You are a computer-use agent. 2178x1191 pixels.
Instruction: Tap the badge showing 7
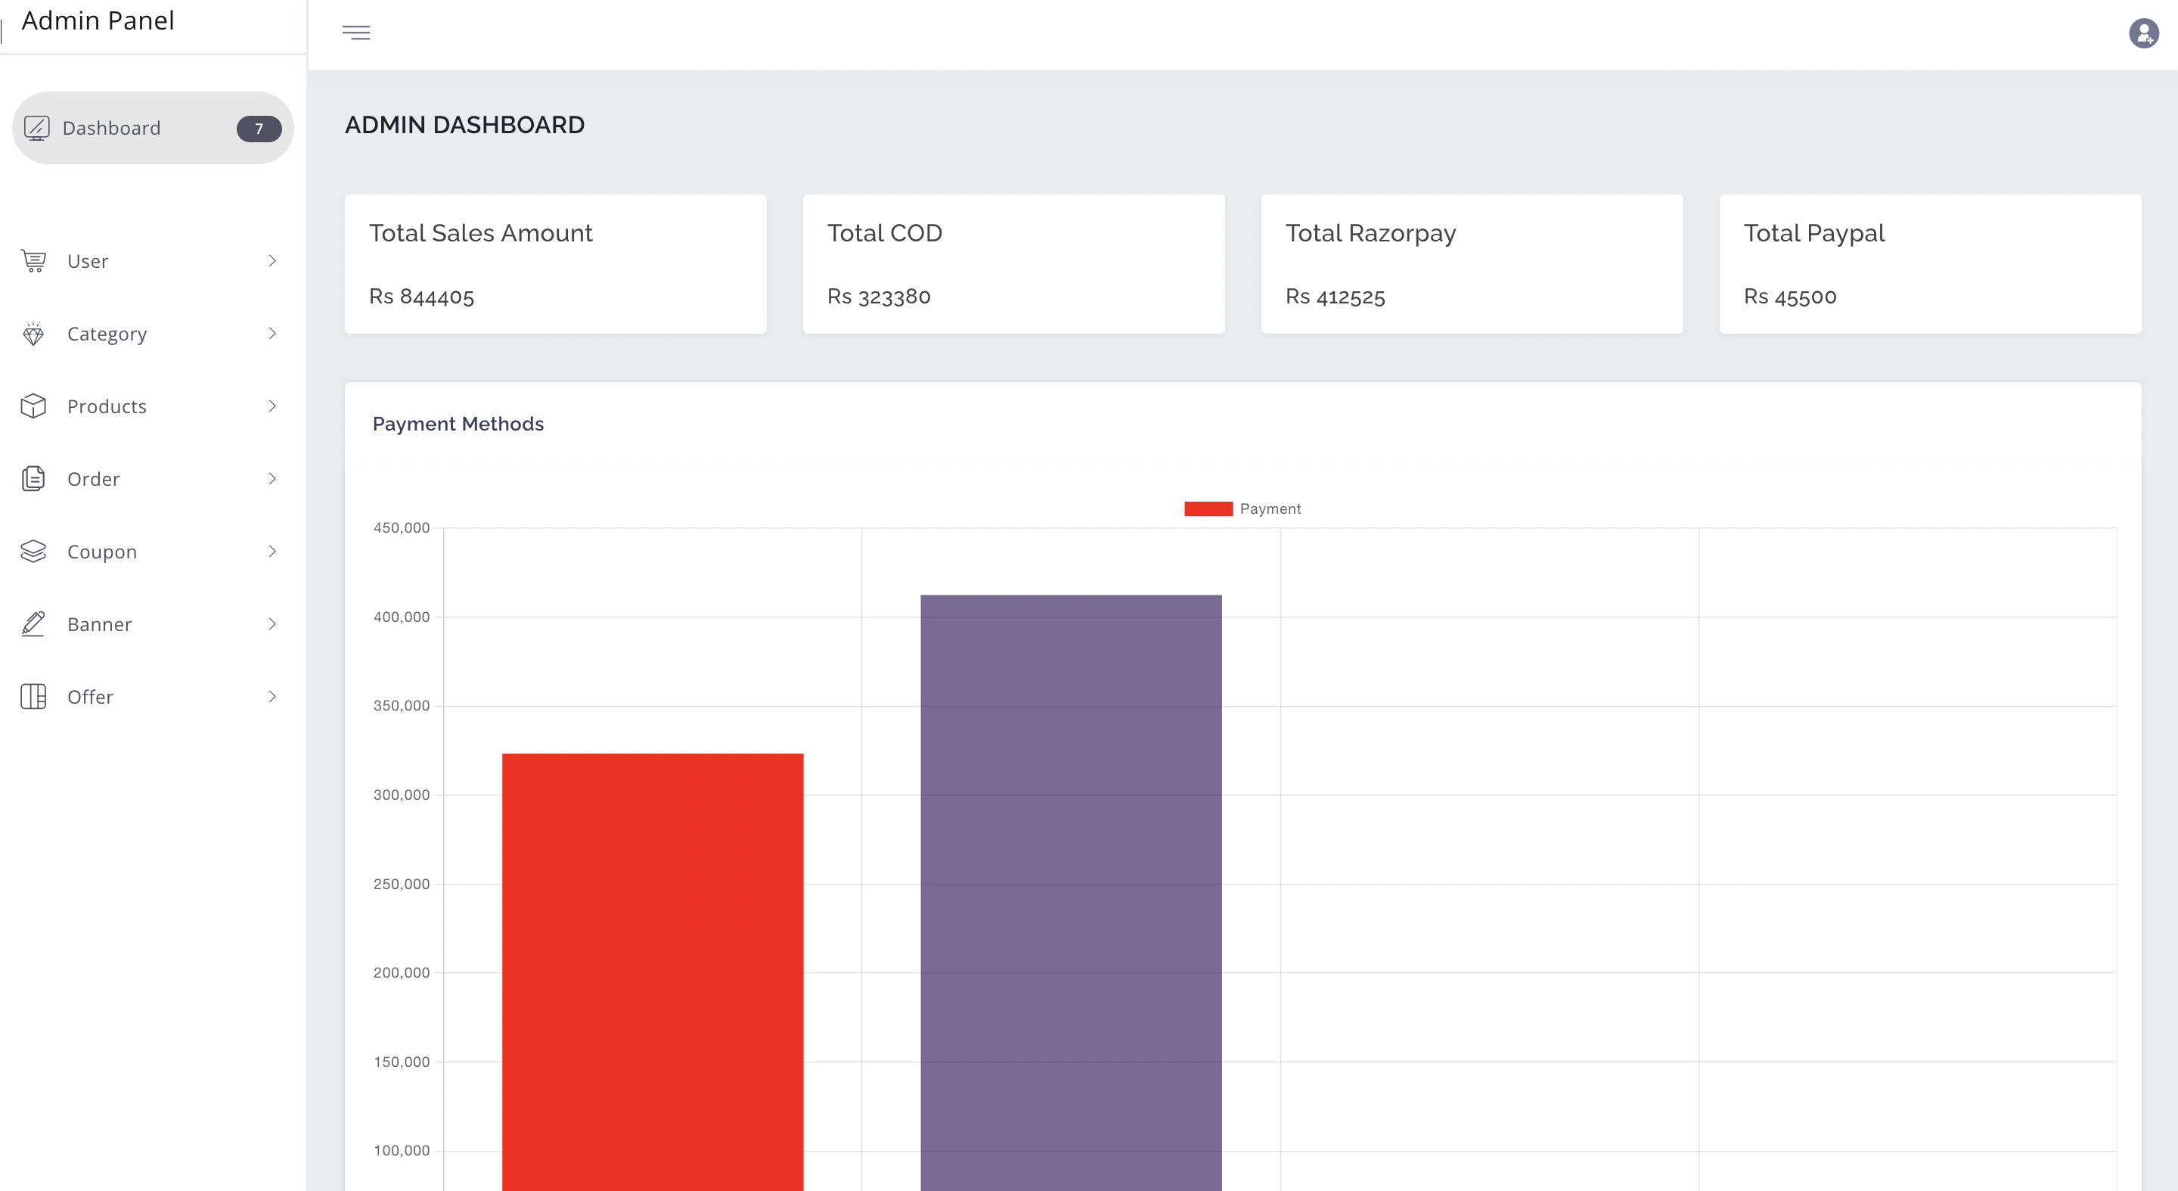[x=259, y=129]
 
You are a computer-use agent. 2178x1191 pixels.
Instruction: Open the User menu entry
[x=88, y=261]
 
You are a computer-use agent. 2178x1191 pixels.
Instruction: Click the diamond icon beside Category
[x=33, y=334]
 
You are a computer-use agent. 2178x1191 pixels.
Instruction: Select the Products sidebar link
[x=107, y=407]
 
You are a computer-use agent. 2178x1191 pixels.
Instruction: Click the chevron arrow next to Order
[x=272, y=479]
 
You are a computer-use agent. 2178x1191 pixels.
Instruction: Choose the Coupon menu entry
[x=101, y=552]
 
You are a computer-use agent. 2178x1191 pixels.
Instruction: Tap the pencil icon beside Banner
[x=33, y=624]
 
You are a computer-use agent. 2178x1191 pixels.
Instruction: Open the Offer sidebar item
[x=90, y=697]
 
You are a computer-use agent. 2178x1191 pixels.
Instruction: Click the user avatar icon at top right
[x=2143, y=33]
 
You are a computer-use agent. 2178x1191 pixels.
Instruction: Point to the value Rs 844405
[x=421, y=297]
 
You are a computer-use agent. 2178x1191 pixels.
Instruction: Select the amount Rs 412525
[x=1335, y=297]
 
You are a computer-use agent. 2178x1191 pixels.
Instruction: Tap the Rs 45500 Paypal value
[x=1790, y=297]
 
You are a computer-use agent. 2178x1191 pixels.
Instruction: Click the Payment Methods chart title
[x=458, y=424]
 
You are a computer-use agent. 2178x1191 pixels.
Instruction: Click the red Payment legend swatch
[x=1208, y=509]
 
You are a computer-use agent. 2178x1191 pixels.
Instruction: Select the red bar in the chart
[x=653, y=973]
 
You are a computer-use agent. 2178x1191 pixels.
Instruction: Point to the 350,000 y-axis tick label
[x=402, y=705]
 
